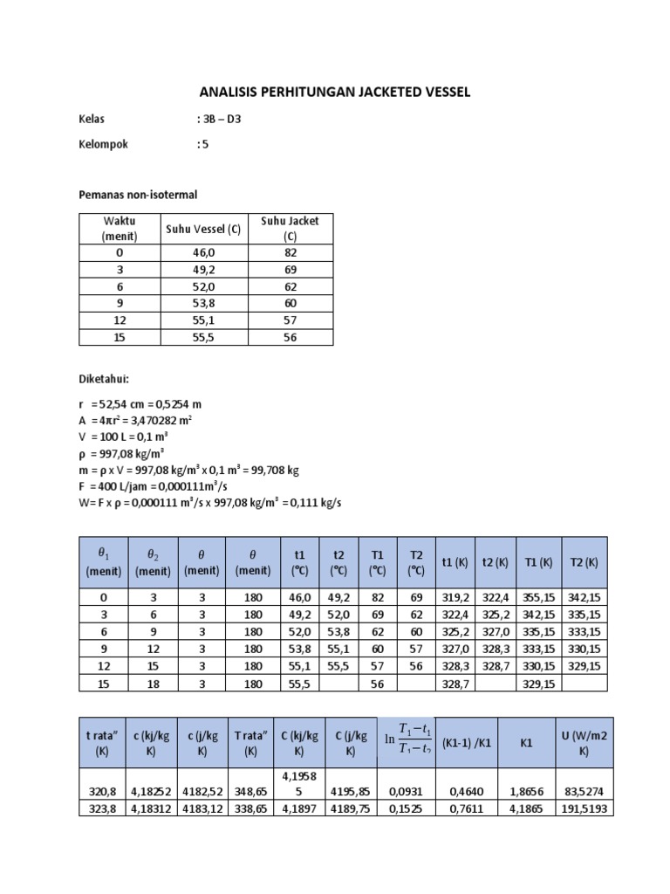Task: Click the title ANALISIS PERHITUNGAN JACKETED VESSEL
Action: [x=335, y=92]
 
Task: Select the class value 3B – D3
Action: [x=219, y=120]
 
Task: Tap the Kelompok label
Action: [x=103, y=145]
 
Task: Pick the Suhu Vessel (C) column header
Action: [x=203, y=230]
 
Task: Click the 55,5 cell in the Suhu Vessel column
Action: [x=203, y=336]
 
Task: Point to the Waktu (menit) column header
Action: [x=114, y=230]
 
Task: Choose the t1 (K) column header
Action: [x=458, y=562]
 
